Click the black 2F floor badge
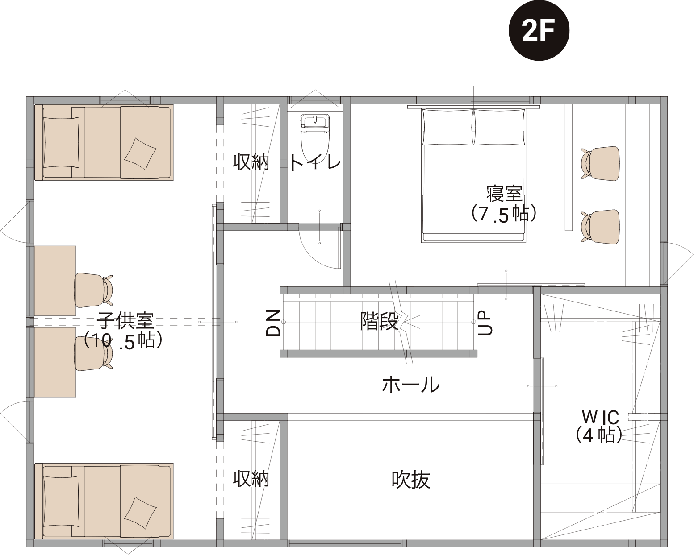[x=539, y=30]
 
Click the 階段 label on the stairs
[x=379, y=321]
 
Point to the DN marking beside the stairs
[x=273, y=323]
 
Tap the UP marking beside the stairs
[x=485, y=323]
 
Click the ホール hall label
[x=410, y=385]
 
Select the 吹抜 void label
[x=410, y=480]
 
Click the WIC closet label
[x=600, y=418]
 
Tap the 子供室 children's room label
[x=125, y=320]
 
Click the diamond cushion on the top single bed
[x=140, y=154]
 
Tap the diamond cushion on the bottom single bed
[x=140, y=513]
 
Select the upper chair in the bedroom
[x=600, y=163]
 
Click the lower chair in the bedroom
[x=600, y=226]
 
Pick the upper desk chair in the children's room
[x=94, y=290]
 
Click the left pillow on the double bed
[x=447, y=127]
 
